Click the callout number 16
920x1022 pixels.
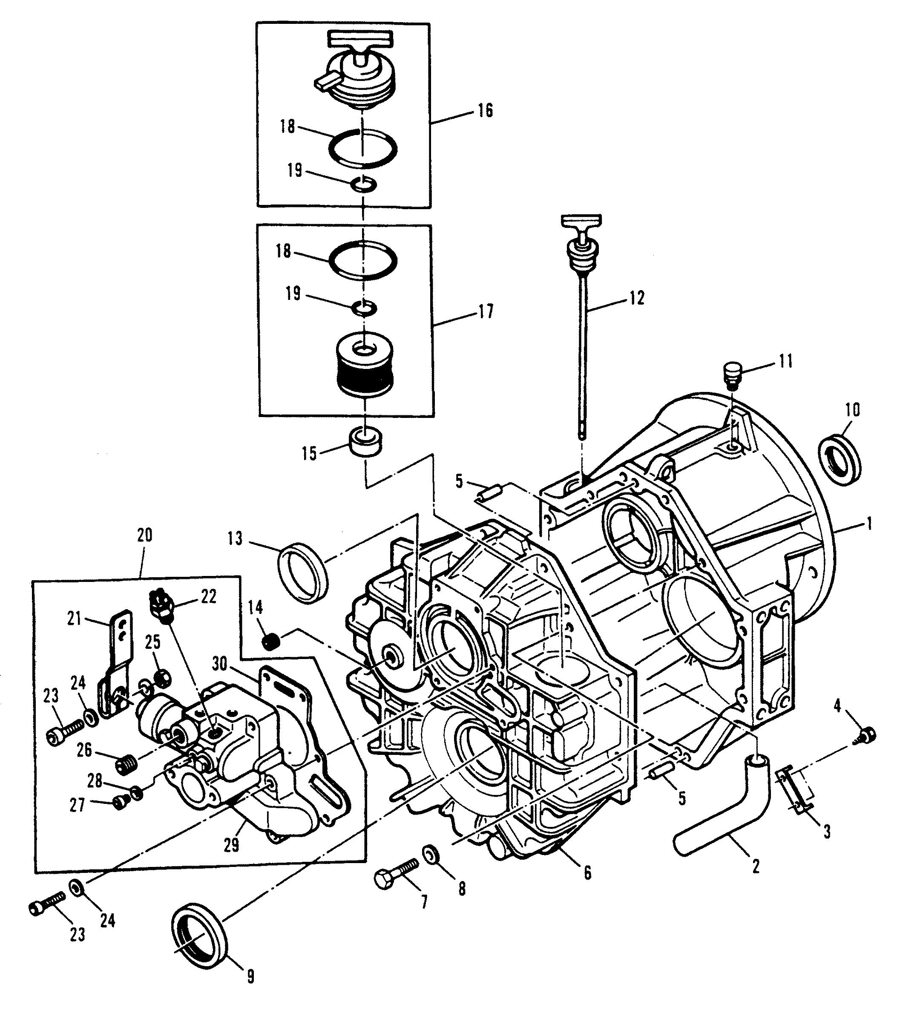[485, 111]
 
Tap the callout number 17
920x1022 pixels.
[486, 311]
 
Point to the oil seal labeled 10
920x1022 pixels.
[839, 459]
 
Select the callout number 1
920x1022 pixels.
[869, 524]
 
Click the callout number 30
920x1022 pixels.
[220, 663]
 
